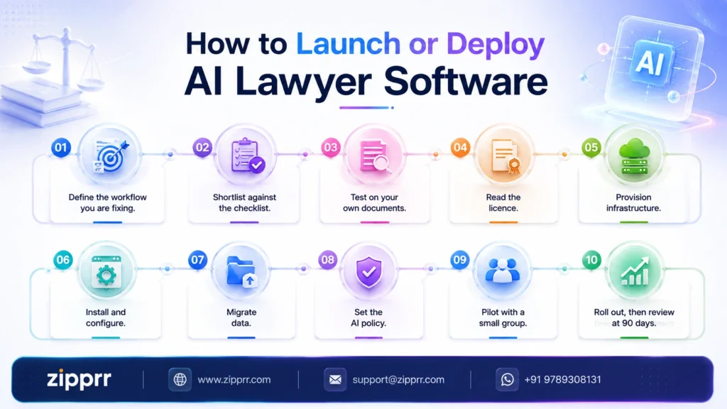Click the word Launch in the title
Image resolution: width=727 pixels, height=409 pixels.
348,44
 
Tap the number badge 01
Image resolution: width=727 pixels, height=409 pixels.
61,148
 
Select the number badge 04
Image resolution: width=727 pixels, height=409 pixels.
460,148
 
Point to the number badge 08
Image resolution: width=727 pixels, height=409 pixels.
328,260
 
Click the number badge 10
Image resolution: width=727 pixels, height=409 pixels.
591,260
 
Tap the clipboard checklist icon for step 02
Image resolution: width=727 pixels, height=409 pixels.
246,156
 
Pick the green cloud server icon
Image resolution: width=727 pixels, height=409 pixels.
634,156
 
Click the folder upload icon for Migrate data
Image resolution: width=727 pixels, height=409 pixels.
241,271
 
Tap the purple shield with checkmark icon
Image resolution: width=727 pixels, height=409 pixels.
369,272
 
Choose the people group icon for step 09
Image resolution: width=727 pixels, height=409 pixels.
503,271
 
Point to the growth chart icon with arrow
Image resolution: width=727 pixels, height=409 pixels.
635,271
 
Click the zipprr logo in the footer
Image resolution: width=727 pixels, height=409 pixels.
79,379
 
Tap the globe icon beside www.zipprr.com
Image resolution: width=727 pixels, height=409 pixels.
180,379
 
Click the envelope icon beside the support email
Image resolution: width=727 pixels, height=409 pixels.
335,379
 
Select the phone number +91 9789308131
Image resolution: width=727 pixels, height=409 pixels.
562,379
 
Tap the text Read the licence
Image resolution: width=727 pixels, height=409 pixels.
503,202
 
